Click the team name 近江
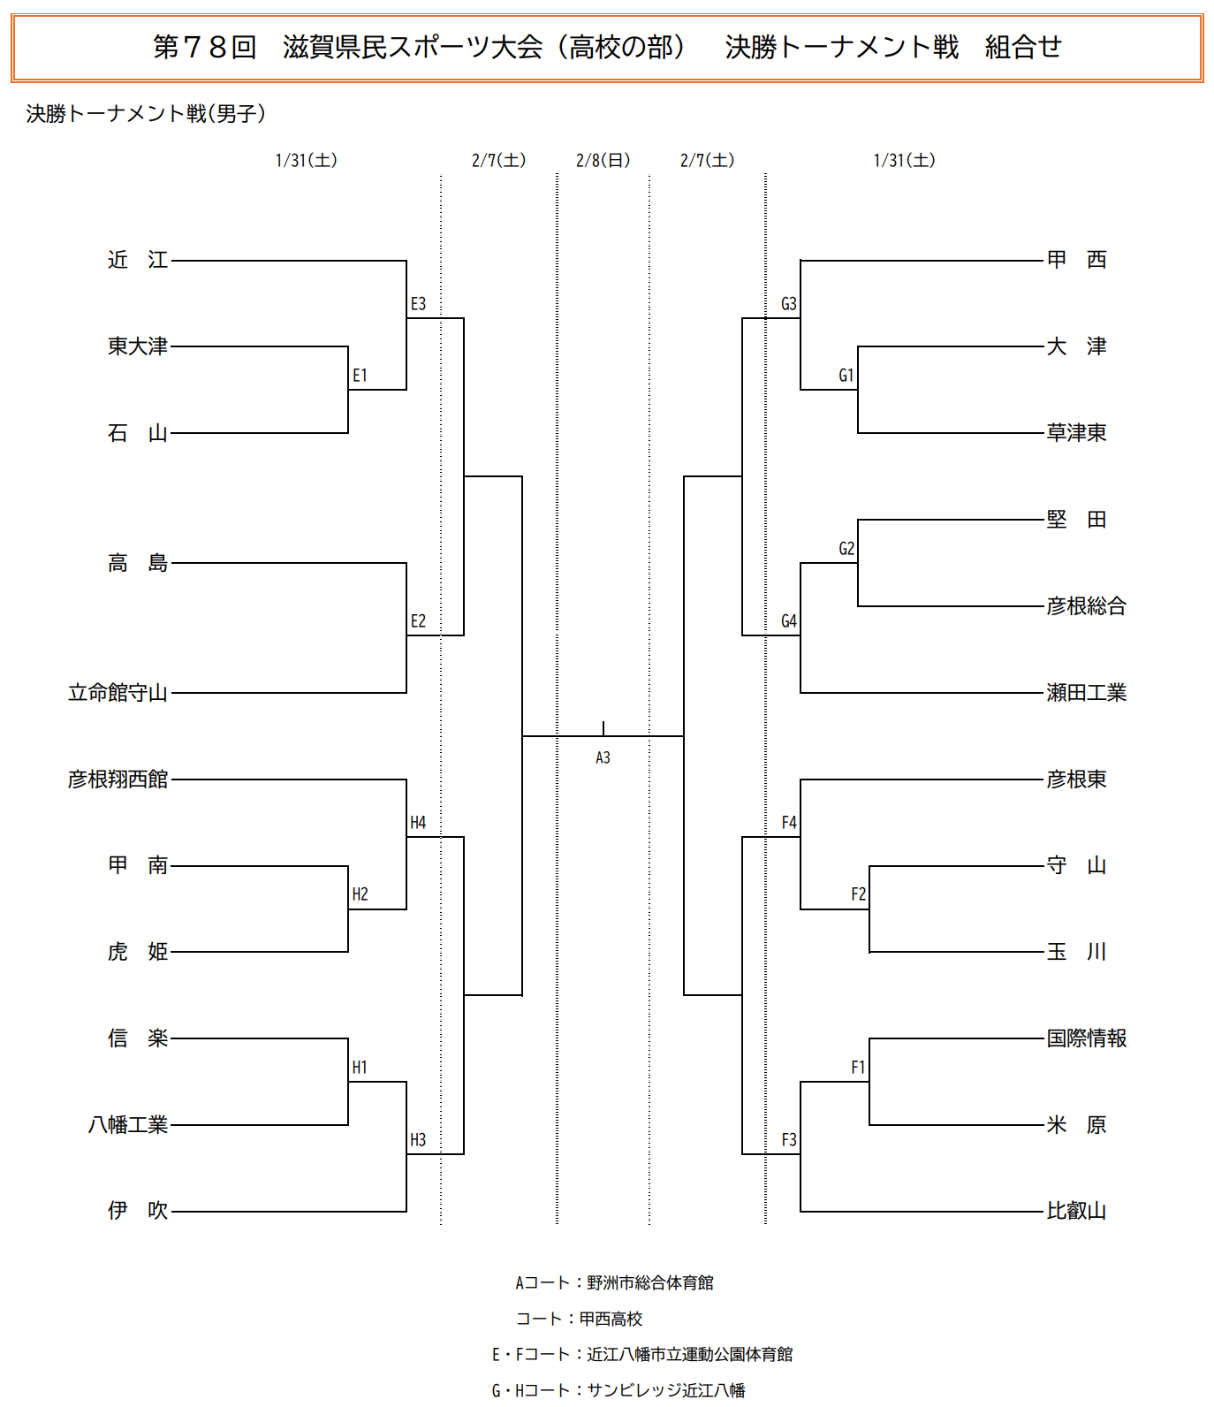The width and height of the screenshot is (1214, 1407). pyautogui.click(x=138, y=260)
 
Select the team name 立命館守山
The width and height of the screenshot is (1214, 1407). pyautogui.click(x=118, y=693)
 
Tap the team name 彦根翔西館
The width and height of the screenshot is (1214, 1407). pyautogui.click(x=118, y=780)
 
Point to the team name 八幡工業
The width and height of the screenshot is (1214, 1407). pyautogui.click(x=128, y=1125)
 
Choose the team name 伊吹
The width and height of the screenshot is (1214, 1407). pyautogui.click(x=138, y=1211)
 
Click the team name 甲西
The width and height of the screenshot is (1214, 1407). pyautogui.click(x=1076, y=260)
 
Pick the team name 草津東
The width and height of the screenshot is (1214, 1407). pyautogui.click(x=1076, y=433)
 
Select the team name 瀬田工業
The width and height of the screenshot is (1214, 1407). pyautogui.click(x=1086, y=693)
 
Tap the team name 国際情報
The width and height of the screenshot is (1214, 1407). pyautogui.click(x=1086, y=1038)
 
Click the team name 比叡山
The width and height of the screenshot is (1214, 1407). pyautogui.click(x=1076, y=1211)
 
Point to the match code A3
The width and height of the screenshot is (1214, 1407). pyautogui.click(x=603, y=757)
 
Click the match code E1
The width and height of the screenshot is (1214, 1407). pyautogui.click(x=360, y=376)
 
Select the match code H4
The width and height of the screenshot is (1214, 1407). pyautogui.click(x=418, y=823)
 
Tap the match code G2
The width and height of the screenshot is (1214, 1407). pyautogui.click(x=846, y=549)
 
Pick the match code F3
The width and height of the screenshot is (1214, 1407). pyautogui.click(x=789, y=1140)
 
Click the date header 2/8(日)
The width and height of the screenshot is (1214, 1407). pyautogui.click(x=603, y=160)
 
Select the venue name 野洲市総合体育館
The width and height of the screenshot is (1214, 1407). pyautogui.click(x=650, y=1282)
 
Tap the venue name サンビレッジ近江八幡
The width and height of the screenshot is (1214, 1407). pyautogui.click(x=666, y=1390)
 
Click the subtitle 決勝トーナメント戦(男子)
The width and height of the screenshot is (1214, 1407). pyautogui.click(x=146, y=114)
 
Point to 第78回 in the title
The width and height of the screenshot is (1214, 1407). pyautogui.click(x=204, y=47)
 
